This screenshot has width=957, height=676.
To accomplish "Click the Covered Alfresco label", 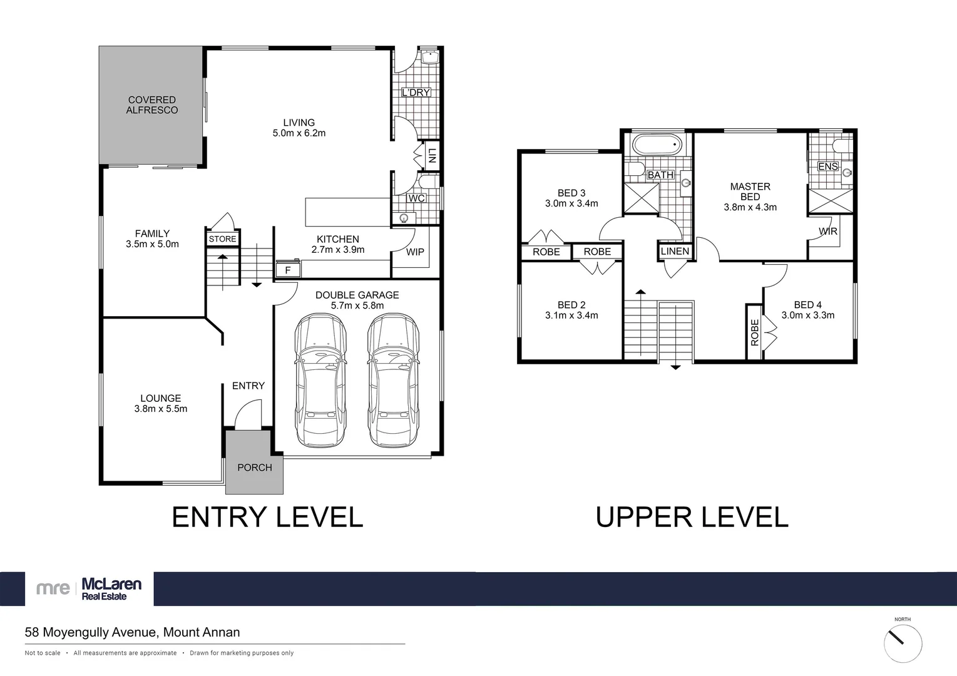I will point(152,105).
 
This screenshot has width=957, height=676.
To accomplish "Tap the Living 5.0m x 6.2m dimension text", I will point(299,133).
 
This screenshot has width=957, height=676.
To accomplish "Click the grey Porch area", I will point(254,463).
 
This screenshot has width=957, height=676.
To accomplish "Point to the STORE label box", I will point(222,239).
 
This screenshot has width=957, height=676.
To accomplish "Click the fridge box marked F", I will point(288,270).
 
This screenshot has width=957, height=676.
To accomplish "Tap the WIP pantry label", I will point(415,252).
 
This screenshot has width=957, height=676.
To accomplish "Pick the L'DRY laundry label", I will point(416,93).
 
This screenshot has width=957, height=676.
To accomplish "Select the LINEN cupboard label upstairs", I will point(675,251).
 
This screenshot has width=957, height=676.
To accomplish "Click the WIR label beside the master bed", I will point(827,232).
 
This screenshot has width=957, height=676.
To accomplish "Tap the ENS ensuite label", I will point(827,166).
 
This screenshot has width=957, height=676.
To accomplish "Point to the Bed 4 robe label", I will point(754,332).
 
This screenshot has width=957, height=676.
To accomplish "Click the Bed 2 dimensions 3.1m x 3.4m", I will point(571,315).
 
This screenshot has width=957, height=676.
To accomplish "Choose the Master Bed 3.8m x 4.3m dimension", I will point(750,207).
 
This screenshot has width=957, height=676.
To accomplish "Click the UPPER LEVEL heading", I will point(692,518).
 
